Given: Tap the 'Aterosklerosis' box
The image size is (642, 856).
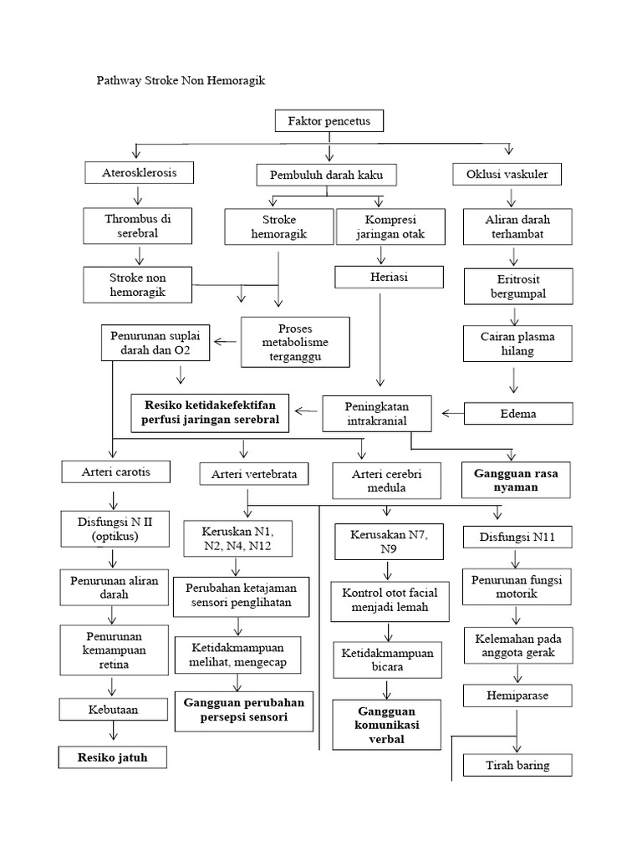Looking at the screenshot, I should [x=140, y=172].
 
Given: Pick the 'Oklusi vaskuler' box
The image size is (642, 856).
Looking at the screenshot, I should [x=507, y=174].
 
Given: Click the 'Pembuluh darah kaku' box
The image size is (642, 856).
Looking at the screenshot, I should [x=326, y=175].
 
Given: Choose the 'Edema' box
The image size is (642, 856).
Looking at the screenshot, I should [x=518, y=413].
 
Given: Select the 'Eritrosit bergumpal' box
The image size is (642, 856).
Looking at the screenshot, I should [x=518, y=287].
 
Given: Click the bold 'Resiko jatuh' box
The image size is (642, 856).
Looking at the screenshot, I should [x=112, y=757].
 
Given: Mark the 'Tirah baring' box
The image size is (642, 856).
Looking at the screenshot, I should [x=518, y=765].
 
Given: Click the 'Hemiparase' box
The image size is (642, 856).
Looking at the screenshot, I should [x=518, y=695].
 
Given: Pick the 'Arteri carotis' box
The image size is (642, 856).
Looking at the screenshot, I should [x=117, y=471].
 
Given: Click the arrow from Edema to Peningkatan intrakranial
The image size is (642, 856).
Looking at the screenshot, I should [x=452, y=412].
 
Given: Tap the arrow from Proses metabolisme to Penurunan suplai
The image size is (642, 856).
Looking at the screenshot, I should [x=225, y=341].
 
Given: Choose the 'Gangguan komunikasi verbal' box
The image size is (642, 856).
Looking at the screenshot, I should [x=387, y=725].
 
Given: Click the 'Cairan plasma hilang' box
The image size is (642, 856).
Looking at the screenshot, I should [x=518, y=344].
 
